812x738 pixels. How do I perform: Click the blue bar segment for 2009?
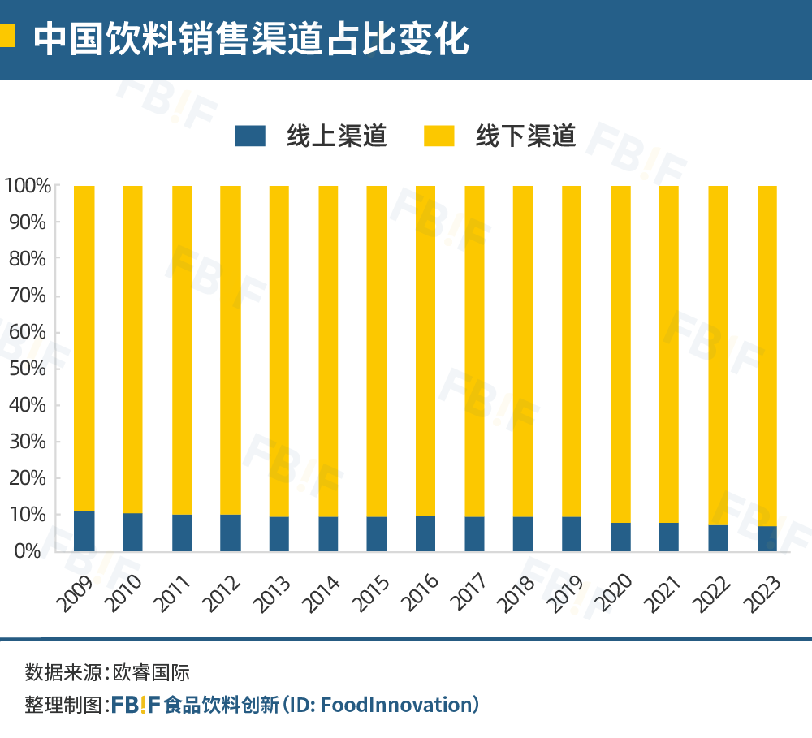84,531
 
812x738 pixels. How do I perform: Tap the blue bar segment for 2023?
767,538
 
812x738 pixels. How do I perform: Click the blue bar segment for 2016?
425,533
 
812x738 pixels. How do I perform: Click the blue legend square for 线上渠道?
250,136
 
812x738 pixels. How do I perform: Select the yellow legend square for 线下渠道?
439,136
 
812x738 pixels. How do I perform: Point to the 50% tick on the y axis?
28,369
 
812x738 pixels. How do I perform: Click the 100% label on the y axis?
28,186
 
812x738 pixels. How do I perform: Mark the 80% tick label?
28,259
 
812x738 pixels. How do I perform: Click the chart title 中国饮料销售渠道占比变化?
252,38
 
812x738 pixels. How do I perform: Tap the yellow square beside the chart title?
7,36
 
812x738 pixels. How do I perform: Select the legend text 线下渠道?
525,136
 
